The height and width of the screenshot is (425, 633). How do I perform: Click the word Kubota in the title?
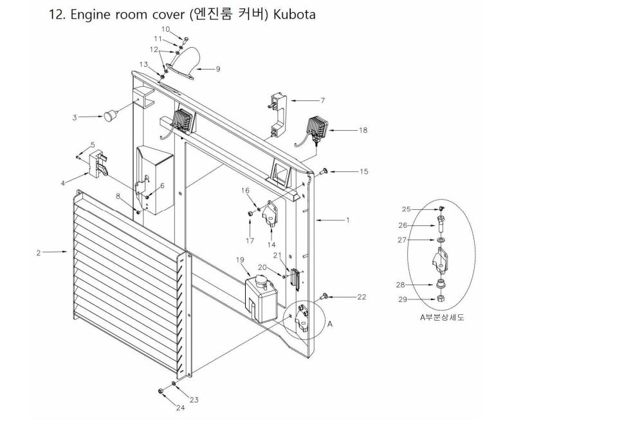(x=293, y=14)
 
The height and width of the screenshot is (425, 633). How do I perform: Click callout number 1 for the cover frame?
(x=347, y=220)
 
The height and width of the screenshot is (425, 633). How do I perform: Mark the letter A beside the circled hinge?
(x=330, y=325)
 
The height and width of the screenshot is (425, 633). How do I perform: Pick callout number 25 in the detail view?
(x=406, y=209)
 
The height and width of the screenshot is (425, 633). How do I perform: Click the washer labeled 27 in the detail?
(x=440, y=240)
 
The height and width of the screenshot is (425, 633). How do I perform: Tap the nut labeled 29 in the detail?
(x=440, y=298)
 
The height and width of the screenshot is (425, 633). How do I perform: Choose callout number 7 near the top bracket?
(x=322, y=100)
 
